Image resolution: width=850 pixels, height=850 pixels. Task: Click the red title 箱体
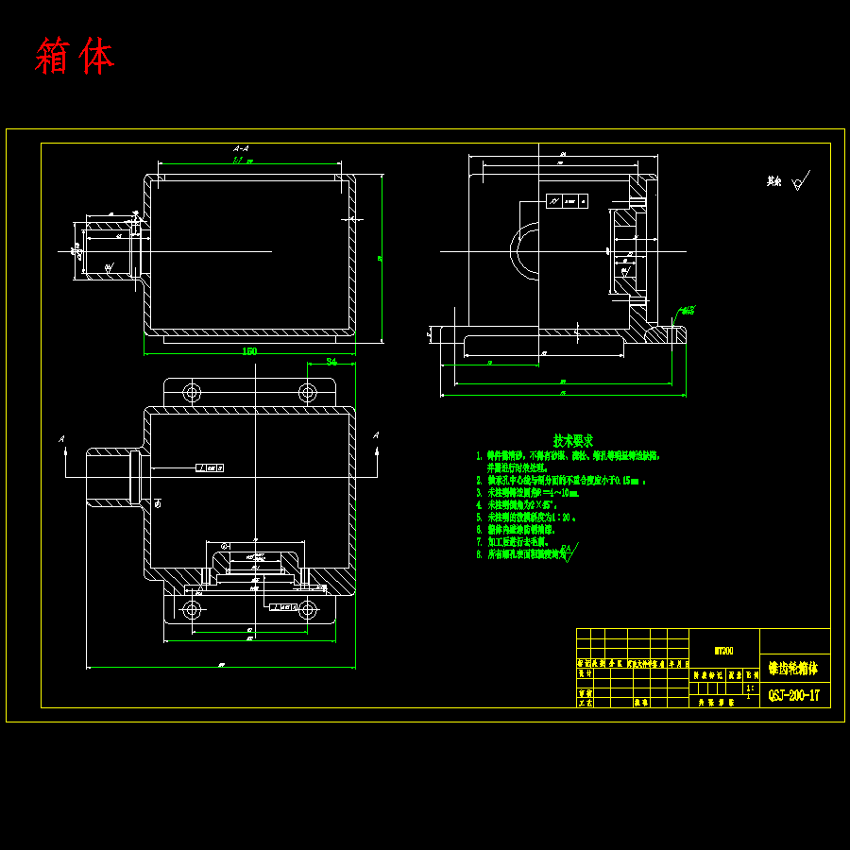pos(75,58)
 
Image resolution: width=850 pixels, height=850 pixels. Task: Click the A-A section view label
pos(241,148)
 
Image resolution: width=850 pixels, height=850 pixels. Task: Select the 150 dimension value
pos(249,351)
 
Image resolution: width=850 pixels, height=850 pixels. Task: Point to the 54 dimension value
pos(331,362)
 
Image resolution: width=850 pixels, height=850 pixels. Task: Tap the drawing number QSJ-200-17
pos(793,696)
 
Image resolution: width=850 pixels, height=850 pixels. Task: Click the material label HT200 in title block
pos(723,650)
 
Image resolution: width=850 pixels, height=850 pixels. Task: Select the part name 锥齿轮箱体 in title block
pos(793,668)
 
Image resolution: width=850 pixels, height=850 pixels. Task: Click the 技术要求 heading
pos(573,440)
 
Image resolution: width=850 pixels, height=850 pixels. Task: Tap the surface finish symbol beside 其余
pos(802,180)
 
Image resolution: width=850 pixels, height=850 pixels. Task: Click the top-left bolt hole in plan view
pos(193,392)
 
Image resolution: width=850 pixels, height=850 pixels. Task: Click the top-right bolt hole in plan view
pos(307,392)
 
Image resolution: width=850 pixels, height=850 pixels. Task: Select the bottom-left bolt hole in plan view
pos(193,610)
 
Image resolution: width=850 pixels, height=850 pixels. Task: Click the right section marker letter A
pos(376,435)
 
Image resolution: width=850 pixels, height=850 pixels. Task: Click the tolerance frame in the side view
pos(567,200)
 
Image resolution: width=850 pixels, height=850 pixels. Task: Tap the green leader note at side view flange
pos(688,310)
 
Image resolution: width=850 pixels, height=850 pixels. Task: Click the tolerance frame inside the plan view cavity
pos(210,467)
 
